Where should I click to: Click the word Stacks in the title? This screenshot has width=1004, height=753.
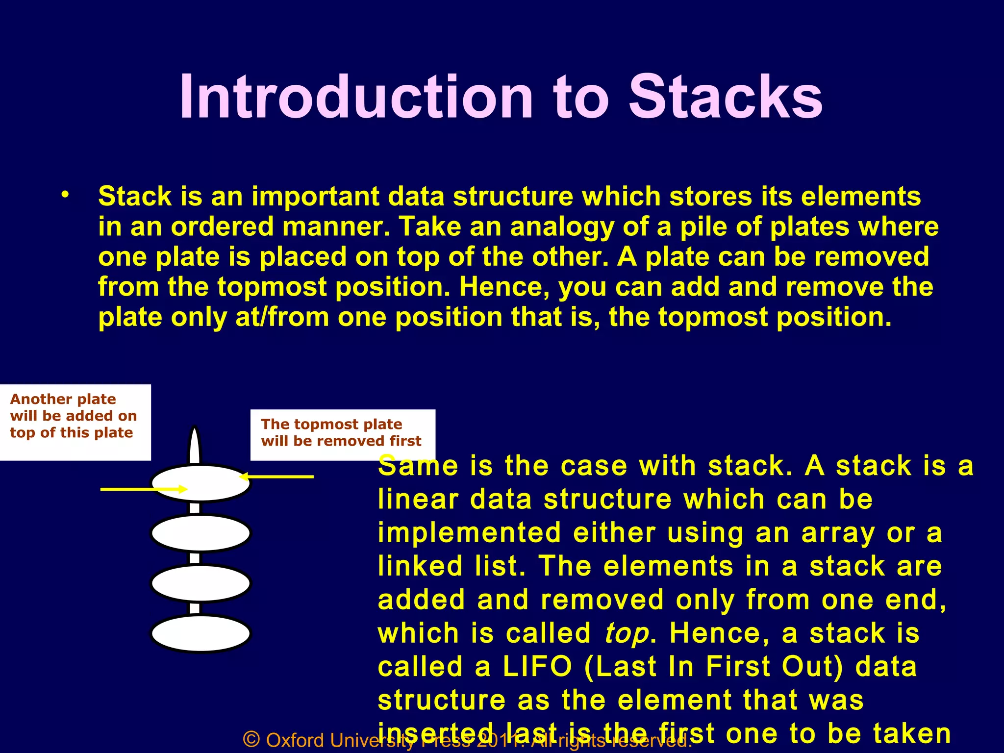(x=726, y=97)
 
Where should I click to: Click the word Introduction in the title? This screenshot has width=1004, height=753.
(x=356, y=97)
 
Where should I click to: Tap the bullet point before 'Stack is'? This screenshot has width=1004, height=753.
(x=65, y=195)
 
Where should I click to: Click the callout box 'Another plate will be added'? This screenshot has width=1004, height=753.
(x=75, y=422)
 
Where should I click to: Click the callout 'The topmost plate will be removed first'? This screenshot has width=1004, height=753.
(x=342, y=434)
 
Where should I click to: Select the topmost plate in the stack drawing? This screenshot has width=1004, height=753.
(x=201, y=483)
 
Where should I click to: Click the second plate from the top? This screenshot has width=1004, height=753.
(x=201, y=533)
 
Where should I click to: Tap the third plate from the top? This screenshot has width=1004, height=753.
(x=201, y=583)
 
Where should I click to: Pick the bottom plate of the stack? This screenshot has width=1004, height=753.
(x=201, y=633)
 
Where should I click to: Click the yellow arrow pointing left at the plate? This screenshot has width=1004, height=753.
(x=277, y=476)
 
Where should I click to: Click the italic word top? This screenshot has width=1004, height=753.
(x=627, y=634)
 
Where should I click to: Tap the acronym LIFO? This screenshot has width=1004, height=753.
(x=537, y=667)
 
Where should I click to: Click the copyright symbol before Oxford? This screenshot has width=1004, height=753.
(x=251, y=739)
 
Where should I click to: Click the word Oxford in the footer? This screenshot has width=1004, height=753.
(x=295, y=740)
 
